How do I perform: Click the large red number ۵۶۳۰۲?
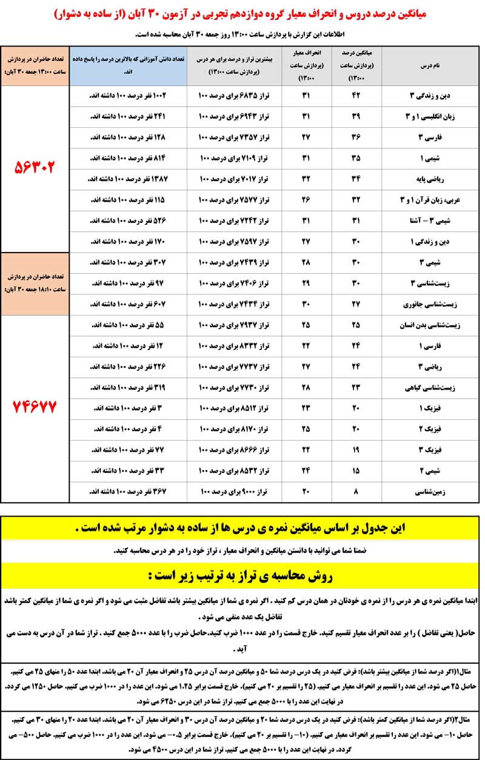pyautogui.click(x=34, y=167)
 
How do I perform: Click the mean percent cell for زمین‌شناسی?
pyautogui.click(x=355, y=493)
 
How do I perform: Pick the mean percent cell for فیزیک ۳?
pyautogui.click(x=355, y=451)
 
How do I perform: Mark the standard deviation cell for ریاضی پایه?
pyautogui.click(x=307, y=179)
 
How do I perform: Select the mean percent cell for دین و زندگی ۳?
pyautogui.click(x=355, y=96)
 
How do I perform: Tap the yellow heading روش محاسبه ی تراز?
pyautogui.click(x=242, y=573)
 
